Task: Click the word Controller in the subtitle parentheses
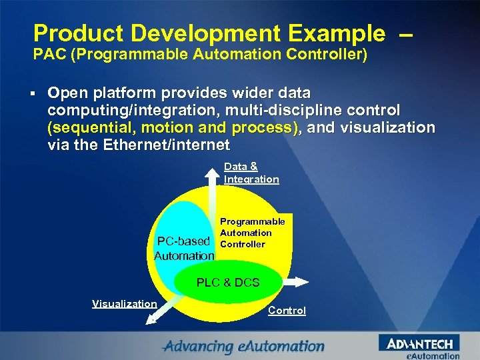(x=329, y=54)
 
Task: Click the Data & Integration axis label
(x=251, y=173)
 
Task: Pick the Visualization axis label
(x=124, y=303)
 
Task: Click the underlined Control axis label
(x=287, y=310)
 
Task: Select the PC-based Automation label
(x=184, y=248)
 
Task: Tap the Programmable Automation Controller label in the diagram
(x=252, y=233)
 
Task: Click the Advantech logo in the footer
(x=419, y=343)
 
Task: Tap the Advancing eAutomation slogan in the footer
(x=243, y=346)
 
